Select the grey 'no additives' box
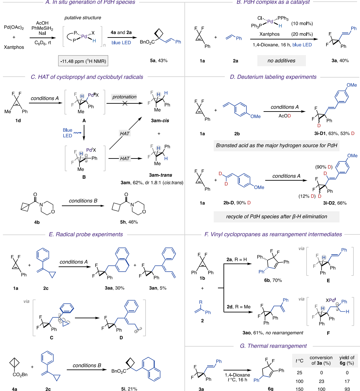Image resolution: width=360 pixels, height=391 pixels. [281, 61]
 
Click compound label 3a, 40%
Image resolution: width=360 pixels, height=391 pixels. [340, 61]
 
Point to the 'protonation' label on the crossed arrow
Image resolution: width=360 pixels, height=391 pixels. [124, 97]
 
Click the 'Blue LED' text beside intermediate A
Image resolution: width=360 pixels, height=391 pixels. [67, 133]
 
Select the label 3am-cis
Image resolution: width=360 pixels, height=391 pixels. [160, 121]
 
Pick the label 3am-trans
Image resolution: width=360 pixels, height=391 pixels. [161, 175]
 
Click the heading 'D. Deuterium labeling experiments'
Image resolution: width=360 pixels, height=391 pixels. [273, 77]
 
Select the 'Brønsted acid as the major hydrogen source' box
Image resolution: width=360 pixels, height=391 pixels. [276, 145]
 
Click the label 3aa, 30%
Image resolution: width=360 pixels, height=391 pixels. [114, 288]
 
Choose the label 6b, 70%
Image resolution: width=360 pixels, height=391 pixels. [270, 280]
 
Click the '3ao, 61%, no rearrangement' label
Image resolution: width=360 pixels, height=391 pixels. [273, 333]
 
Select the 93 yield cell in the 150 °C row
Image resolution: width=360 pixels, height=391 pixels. [347, 389]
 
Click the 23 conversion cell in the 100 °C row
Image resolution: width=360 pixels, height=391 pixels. [321, 381]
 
